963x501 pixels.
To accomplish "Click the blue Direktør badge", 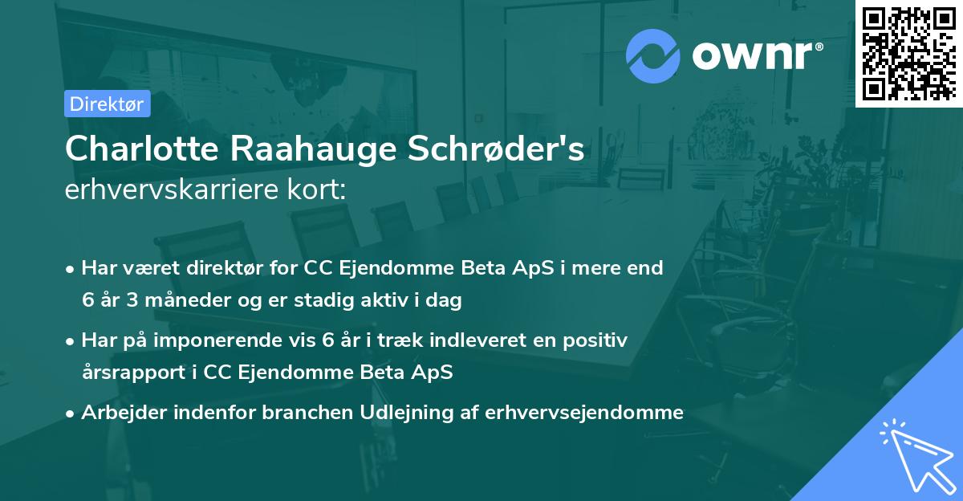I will click(107, 104).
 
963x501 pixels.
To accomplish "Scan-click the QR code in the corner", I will click(908, 53).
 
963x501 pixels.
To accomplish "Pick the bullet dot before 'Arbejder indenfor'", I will click(71, 414).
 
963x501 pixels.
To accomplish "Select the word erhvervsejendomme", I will click(588, 413).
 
